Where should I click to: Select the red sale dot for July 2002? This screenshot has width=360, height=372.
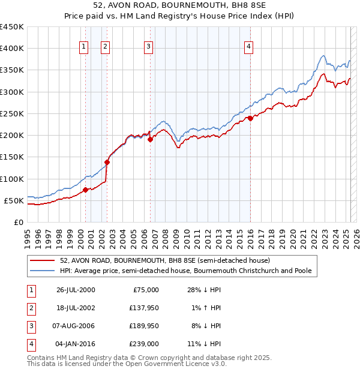pos(107,162)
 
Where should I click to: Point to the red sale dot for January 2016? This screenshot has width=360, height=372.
pos(250,118)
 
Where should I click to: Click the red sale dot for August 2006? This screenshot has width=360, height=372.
pos(150,139)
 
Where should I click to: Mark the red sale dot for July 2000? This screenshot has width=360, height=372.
pos(85,190)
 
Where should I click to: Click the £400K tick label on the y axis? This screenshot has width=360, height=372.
pos(12,49)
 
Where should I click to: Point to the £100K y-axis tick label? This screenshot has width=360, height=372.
pos(12,179)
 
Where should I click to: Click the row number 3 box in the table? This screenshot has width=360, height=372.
pos(31,326)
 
